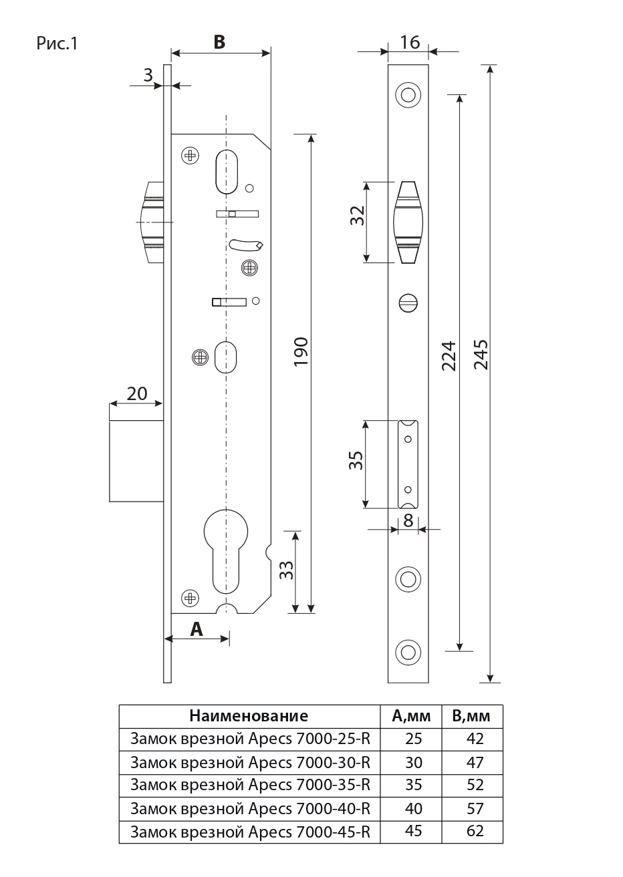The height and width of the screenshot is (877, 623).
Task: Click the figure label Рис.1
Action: coord(57,45)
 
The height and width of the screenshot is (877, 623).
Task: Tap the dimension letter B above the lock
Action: coord(219,41)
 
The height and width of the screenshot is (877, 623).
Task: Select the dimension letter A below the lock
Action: coord(197,629)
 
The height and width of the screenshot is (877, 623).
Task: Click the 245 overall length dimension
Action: coord(479,354)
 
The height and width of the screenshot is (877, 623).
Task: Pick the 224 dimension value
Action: coord(449,355)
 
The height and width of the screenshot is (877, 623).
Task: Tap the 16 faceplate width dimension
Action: coord(409,42)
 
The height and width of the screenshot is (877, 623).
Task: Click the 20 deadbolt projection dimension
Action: coord(137,393)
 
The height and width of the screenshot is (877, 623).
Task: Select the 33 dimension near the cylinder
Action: coord(285,570)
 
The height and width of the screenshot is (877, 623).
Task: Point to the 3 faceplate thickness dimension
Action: coord(148,75)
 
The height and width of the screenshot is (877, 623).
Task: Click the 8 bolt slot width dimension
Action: coord(408,520)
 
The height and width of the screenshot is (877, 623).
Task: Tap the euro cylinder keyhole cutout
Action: coord(226,548)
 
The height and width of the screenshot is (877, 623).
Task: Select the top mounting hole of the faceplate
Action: coord(407,95)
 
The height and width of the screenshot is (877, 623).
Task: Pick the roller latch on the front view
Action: coord(407,222)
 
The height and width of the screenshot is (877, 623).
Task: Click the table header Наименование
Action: coord(249,716)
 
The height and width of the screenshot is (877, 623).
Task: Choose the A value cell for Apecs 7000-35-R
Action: coord(414,785)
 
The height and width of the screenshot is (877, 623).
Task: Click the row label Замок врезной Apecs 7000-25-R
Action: coord(250,739)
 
